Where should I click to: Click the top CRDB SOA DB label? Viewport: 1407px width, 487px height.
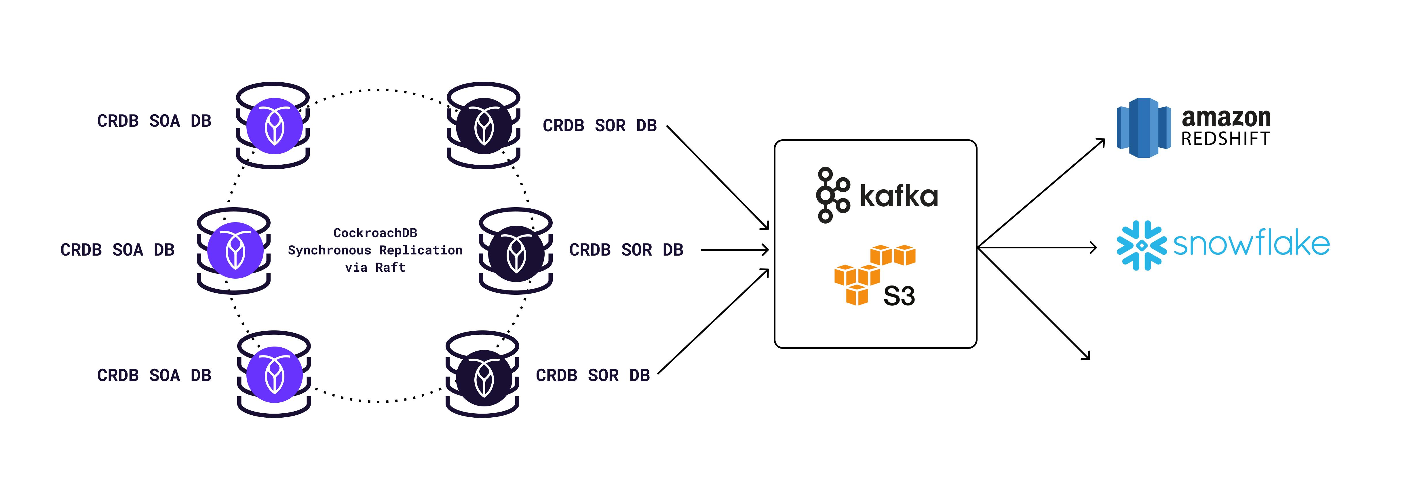[154, 121]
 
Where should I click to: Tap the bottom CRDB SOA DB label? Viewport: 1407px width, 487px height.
[154, 375]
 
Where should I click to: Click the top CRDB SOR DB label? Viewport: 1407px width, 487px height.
[599, 125]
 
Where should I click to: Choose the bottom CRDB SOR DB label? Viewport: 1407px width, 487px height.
[593, 375]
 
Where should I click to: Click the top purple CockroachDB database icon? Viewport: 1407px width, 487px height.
[273, 125]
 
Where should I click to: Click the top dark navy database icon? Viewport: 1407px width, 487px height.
[483, 125]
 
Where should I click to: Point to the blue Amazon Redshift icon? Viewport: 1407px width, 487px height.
[1143, 128]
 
